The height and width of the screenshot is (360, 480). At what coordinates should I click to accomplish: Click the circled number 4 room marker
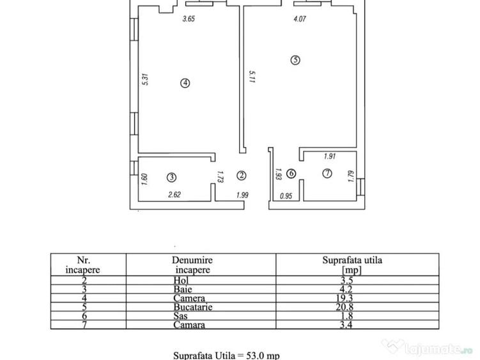(x=185, y=82)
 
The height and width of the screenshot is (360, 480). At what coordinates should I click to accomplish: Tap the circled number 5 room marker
(x=295, y=59)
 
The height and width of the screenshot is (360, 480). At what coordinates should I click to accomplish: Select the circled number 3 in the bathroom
(x=171, y=177)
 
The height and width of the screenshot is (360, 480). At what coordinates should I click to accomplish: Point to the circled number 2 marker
(x=241, y=175)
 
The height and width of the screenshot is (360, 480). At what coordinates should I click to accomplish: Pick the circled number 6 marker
(x=291, y=174)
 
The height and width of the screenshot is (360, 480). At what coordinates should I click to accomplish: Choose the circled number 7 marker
(x=327, y=173)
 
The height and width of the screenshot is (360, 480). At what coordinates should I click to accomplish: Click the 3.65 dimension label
(x=189, y=19)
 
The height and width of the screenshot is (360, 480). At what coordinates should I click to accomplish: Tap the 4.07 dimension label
(x=300, y=19)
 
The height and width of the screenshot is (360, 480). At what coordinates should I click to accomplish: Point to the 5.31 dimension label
(x=146, y=79)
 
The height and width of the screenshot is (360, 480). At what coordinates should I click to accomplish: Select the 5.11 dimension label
(x=252, y=77)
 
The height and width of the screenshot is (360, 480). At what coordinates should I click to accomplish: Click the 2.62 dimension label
(x=174, y=194)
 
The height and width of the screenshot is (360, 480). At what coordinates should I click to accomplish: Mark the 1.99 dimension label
(x=242, y=195)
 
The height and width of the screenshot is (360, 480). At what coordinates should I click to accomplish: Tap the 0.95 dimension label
(x=286, y=196)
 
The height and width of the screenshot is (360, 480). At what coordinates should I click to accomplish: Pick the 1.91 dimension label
(x=330, y=156)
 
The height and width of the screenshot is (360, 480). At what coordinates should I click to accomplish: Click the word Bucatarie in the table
(x=193, y=307)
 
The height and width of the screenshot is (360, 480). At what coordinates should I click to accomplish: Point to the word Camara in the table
(x=189, y=325)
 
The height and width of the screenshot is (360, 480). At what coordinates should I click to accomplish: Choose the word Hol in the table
(x=181, y=280)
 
